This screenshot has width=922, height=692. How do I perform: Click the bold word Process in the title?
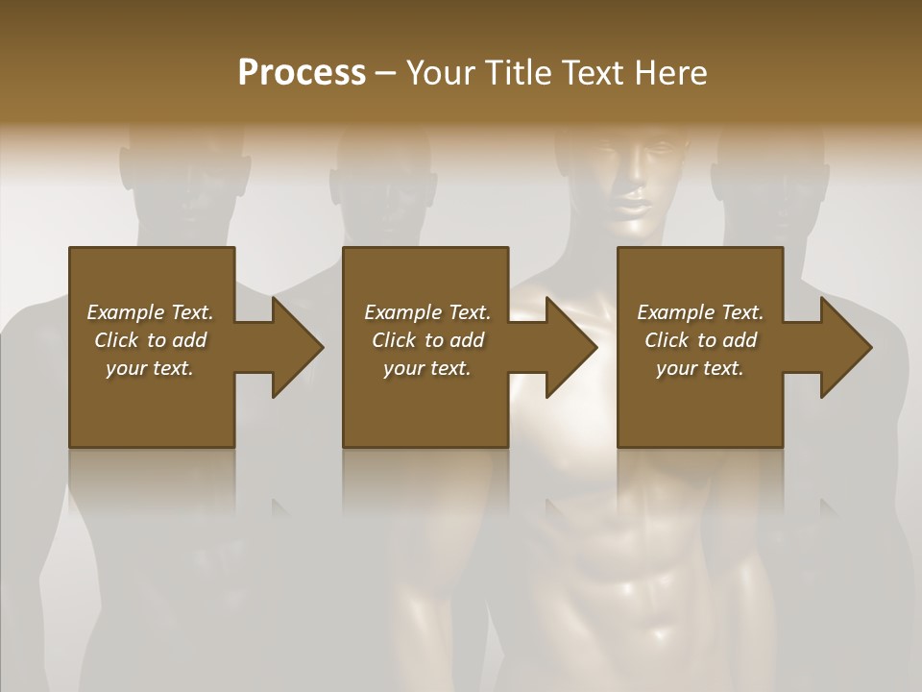(x=302, y=72)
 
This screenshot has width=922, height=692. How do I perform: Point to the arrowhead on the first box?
(x=298, y=347)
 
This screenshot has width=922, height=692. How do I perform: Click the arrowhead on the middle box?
(x=572, y=347)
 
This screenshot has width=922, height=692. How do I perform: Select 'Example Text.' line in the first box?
(x=150, y=312)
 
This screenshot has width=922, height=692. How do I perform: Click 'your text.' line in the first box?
(x=150, y=368)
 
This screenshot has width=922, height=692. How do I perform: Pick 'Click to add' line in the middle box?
(x=427, y=340)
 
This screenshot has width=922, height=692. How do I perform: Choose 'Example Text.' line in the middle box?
(x=427, y=312)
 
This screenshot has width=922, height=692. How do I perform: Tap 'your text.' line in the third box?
(x=700, y=368)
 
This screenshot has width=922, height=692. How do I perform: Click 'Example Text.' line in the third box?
(x=700, y=312)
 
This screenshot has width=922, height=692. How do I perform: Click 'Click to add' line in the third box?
(x=700, y=340)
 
